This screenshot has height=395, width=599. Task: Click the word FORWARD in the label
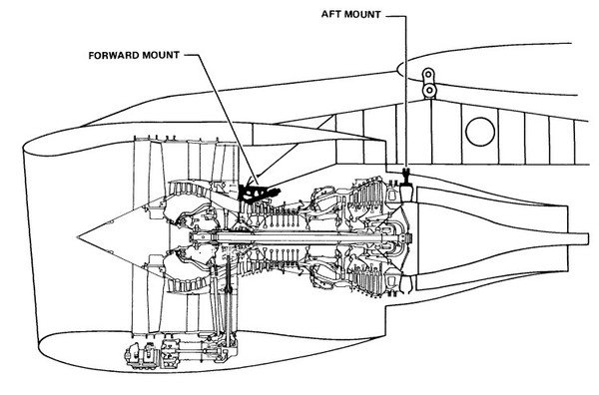click(x=114, y=55)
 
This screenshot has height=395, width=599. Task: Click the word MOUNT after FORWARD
click(x=161, y=55)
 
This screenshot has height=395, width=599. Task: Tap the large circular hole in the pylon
click(x=480, y=132)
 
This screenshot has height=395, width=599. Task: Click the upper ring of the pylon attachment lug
click(x=428, y=73)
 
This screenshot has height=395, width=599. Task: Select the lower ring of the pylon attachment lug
click(x=429, y=90)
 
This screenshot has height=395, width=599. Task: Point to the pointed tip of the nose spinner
click(x=78, y=237)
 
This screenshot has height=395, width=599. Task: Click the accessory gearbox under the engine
click(x=180, y=353)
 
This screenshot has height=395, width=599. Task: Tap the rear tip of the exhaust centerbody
click(x=588, y=239)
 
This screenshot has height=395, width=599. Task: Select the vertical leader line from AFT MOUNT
click(x=404, y=92)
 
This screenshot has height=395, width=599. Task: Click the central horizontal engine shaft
click(x=298, y=237)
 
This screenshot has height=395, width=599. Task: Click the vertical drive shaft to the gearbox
click(x=229, y=297)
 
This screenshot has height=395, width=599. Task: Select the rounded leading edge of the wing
click(x=398, y=70)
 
